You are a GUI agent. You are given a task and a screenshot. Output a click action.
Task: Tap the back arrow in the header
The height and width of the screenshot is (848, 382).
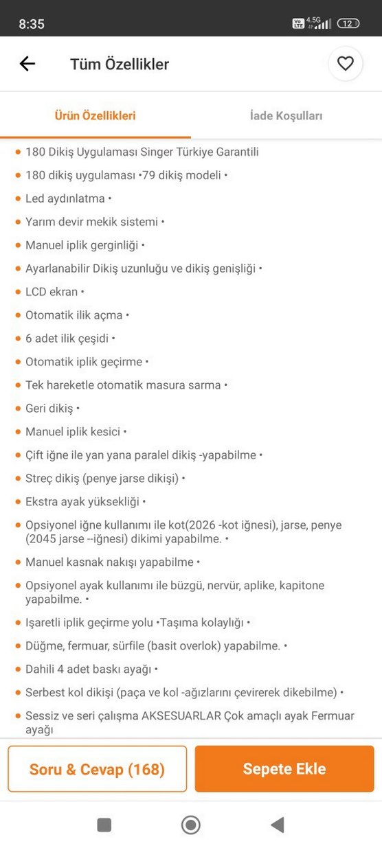tap(27, 64)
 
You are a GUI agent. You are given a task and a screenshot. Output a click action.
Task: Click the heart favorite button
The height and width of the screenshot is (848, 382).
tap(345, 64)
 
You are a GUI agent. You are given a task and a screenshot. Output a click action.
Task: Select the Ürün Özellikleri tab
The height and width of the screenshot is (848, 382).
tap(95, 115)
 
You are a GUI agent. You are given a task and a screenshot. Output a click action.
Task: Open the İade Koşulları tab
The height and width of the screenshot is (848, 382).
tap(286, 115)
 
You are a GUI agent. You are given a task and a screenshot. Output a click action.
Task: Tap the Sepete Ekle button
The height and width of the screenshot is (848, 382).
tap(284, 769)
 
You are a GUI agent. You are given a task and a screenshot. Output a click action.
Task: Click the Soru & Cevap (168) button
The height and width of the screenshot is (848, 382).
tap(97, 769)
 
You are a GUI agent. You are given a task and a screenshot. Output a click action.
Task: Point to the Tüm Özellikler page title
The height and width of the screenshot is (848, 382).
tap(120, 65)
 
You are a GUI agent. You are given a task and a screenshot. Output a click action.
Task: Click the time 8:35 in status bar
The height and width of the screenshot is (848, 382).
tap(32, 24)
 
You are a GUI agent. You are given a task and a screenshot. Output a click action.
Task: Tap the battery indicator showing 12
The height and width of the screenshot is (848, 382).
tap(348, 23)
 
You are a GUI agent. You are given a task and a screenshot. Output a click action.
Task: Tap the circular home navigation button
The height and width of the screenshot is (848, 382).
tap(191, 825)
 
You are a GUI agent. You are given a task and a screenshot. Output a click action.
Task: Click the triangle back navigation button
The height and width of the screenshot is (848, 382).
tap(278, 825)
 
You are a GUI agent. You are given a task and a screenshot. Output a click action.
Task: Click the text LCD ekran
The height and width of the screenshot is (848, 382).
tap(52, 292)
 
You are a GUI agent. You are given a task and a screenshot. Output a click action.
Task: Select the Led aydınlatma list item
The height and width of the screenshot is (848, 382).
tap(65, 198)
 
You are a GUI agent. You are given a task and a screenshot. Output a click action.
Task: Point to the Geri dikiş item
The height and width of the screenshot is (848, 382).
tap(49, 409)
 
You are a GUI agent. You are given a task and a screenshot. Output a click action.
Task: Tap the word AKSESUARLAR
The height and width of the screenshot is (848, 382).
tap(181, 716)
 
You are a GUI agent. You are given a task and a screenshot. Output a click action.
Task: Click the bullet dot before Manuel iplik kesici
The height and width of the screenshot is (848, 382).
tap(17, 433)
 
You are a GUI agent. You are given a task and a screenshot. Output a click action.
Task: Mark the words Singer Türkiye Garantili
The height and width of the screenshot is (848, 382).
tap(204, 152)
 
